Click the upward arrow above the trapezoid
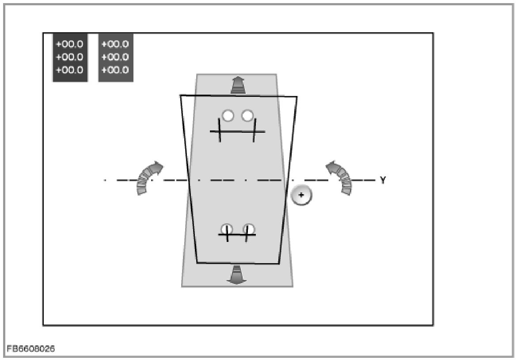238,84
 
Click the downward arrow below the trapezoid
237,275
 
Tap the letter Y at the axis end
383,180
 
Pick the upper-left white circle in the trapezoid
228,116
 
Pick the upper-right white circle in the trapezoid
247,116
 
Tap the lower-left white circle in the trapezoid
227,229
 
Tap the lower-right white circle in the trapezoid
249,229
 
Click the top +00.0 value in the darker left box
70,44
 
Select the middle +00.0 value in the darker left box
70,57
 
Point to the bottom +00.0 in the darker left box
70,70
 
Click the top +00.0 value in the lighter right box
115,44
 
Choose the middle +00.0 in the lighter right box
115,57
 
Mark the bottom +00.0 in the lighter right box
115,70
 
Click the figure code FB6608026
30,349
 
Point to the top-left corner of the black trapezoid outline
180,95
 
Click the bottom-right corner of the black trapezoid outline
279,264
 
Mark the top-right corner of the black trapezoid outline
297,96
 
